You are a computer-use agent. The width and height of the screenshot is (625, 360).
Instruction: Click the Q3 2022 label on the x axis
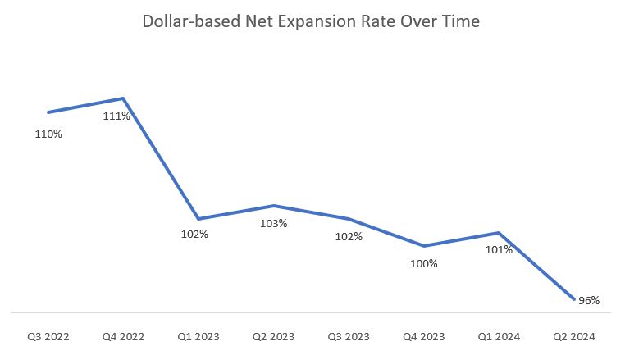point(48,336)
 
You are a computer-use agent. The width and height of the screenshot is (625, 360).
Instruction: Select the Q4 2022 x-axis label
point(123,336)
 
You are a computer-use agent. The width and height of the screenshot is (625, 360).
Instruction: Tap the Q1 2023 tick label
point(198,336)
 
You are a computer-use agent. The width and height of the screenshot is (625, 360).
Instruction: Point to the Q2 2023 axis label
point(273,336)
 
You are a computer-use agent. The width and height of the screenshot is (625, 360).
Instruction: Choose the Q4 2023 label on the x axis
point(423,336)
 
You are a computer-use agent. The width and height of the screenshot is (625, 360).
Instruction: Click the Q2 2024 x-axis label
point(573,336)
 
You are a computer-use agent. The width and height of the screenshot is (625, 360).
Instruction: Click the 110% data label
point(48,134)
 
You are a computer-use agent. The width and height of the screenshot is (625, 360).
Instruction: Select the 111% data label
point(116,116)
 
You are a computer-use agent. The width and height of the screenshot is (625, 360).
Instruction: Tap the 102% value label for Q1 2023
point(194,234)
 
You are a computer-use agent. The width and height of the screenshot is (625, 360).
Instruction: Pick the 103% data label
point(273,223)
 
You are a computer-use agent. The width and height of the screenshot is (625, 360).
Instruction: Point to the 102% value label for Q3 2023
point(349,237)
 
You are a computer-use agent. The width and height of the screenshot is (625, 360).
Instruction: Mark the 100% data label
point(424,263)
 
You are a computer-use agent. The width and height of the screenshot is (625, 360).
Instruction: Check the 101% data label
point(499,249)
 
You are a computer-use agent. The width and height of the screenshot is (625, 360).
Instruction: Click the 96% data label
point(589,300)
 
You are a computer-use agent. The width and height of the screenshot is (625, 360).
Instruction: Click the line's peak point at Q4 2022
point(123,98)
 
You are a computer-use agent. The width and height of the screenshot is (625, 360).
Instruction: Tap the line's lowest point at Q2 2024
point(573,299)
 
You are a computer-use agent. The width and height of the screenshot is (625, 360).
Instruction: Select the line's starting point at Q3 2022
point(48,112)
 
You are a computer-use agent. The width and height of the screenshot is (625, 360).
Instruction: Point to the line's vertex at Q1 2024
point(499,233)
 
